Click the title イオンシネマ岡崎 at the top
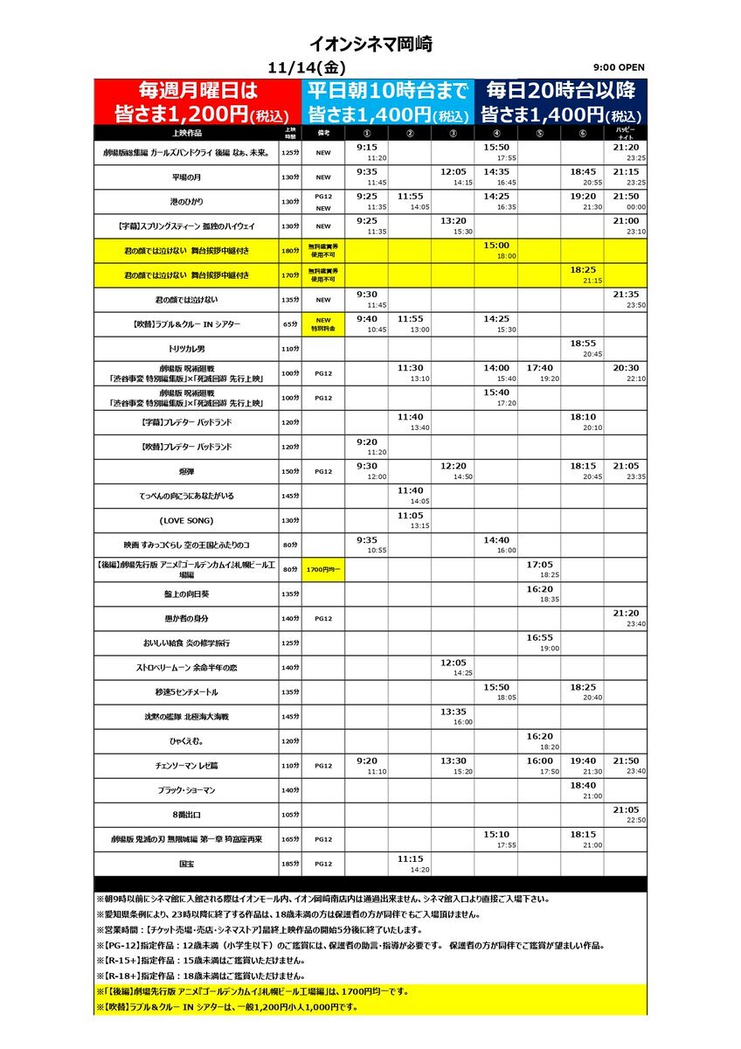pyautogui.click(x=370, y=45)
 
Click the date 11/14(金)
pyautogui.click(x=308, y=67)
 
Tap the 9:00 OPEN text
pyautogui.click(x=617, y=68)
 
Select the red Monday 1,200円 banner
pyautogui.click(x=198, y=101)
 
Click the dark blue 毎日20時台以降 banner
pyautogui.click(x=561, y=101)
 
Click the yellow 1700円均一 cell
pyautogui.click(x=322, y=569)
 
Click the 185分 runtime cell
pyautogui.click(x=290, y=864)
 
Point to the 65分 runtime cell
pyautogui.click(x=290, y=323)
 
